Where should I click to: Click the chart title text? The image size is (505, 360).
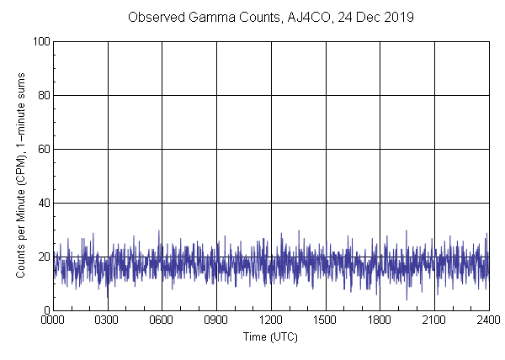click(270, 17)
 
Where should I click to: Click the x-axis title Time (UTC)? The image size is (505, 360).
click(270, 336)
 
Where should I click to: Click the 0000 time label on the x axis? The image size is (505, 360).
click(53, 320)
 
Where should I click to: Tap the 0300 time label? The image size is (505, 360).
click(108, 320)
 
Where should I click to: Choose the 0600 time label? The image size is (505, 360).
click(162, 320)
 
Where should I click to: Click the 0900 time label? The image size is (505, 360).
click(216, 320)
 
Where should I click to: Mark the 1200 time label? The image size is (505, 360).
click(271, 320)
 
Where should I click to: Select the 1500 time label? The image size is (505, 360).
click(325, 320)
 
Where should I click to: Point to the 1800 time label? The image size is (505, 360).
click(380, 320)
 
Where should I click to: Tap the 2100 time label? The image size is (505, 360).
click(433, 320)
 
